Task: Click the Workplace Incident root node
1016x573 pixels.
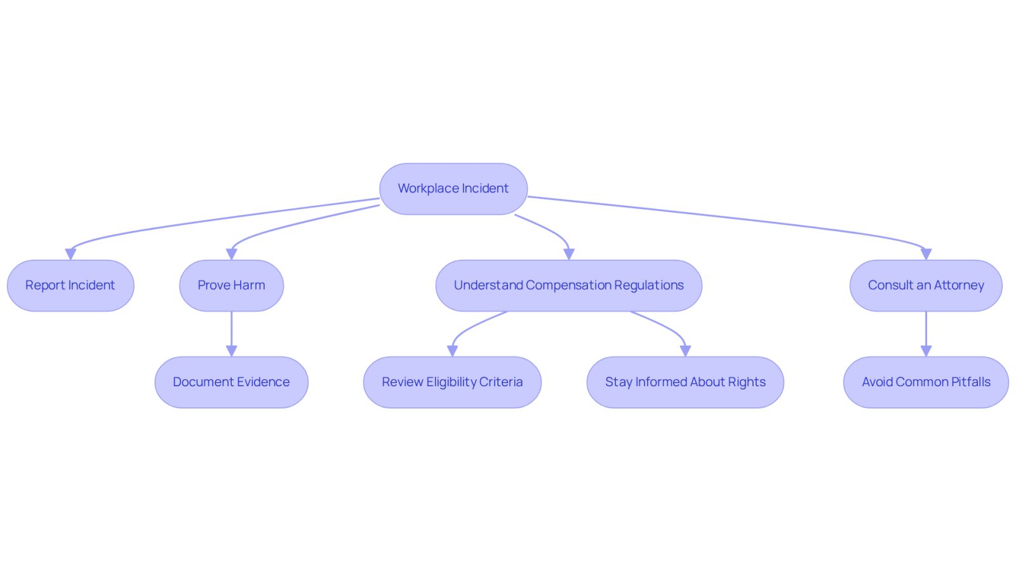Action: pyautogui.click(x=453, y=189)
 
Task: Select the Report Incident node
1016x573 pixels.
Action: pyautogui.click(x=70, y=285)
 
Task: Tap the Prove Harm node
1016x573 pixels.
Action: pyautogui.click(x=231, y=285)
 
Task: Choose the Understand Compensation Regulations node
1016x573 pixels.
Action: pyautogui.click(x=569, y=285)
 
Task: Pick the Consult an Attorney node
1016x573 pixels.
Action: pyautogui.click(x=926, y=285)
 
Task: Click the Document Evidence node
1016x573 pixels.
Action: pyautogui.click(x=231, y=382)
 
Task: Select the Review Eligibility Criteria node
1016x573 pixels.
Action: pyautogui.click(x=452, y=382)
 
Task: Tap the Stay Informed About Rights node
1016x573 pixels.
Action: pyautogui.click(x=685, y=382)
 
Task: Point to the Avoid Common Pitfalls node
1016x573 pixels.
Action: pyautogui.click(x=926, y=382)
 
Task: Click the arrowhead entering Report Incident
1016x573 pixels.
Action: pyautogui.click(x=70, y=254)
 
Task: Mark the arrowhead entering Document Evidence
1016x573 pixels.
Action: pyautogui.click(x=231, y=351)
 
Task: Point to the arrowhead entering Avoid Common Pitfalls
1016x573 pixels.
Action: pyautogui.click(x=926, y=351)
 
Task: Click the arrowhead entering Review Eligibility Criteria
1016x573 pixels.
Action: pyautogui.click(x=452, y=351)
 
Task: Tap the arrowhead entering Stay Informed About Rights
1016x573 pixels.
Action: pyautogui.click(x=685, y=351)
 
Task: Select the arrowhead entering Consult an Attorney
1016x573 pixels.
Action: pyautogui.click(x=926, y=254)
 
